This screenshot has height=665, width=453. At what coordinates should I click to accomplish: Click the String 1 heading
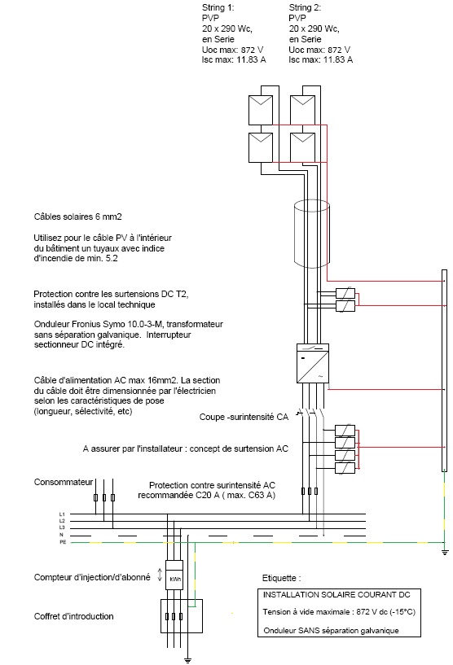pyautogui.click(x=218, y=7)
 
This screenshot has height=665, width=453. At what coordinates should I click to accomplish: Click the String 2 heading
pyautogui.click(x=305, y=7)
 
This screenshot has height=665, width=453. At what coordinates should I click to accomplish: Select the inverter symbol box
pyautogui.click(x=313, y=364)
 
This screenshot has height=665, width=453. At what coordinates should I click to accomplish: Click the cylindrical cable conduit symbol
pyautogui.click(x=311, y=234)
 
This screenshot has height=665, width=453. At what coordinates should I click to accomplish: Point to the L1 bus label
pyautogui.click(x=62, y=514)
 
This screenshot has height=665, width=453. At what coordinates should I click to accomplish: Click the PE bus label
pyautogui.click(x=63, y=542)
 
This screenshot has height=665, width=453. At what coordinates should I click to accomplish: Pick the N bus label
pyautogui.click(x=62, y=536)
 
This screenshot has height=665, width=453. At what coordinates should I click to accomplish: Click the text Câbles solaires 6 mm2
pyautogui.click(x=77, y=217)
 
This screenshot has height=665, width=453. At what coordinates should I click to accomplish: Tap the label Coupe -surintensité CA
pyautogui.click(x=244, y=417)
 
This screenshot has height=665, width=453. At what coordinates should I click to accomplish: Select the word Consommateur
pyautogui.click(x=64, y=482)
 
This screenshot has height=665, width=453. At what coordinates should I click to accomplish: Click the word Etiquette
pyautogui.click(x=279, y=578)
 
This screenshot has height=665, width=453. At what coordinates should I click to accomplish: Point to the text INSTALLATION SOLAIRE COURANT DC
pyautogui.click(x=336, y=595)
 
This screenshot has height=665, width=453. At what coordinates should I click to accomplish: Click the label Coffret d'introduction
pyautogui.click(x=74, y=616)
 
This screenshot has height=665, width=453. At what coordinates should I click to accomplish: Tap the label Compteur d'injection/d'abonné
pyautogui.click(x=92, y=577)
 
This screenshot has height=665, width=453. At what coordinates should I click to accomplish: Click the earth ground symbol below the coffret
pyautogui.click(x=187, y=660)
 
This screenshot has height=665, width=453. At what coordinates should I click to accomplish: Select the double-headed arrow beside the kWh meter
pyautogui.click(x=160, y=575)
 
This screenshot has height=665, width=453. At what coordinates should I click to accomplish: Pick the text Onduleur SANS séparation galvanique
pyautogui.click(x=331, y=631)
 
